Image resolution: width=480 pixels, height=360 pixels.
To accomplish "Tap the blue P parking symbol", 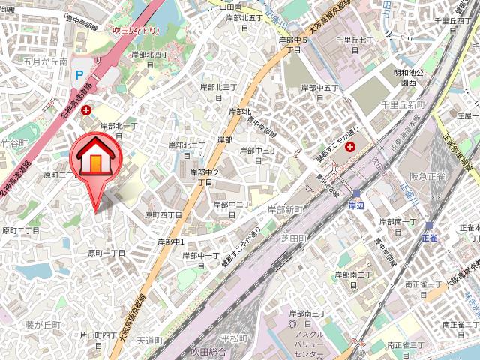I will click(79, 74).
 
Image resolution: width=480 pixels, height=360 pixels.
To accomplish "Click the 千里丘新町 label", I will click(403, 104).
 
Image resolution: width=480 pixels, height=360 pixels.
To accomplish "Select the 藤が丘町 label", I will click(42, 325).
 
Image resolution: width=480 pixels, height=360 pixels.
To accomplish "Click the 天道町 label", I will click(150, 340).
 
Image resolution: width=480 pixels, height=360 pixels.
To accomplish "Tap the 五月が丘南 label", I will click(45, 61).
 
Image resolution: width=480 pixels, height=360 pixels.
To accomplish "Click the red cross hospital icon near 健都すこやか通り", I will click(349, 146).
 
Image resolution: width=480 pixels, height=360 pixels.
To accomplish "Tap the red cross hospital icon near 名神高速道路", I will click(87, 110).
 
